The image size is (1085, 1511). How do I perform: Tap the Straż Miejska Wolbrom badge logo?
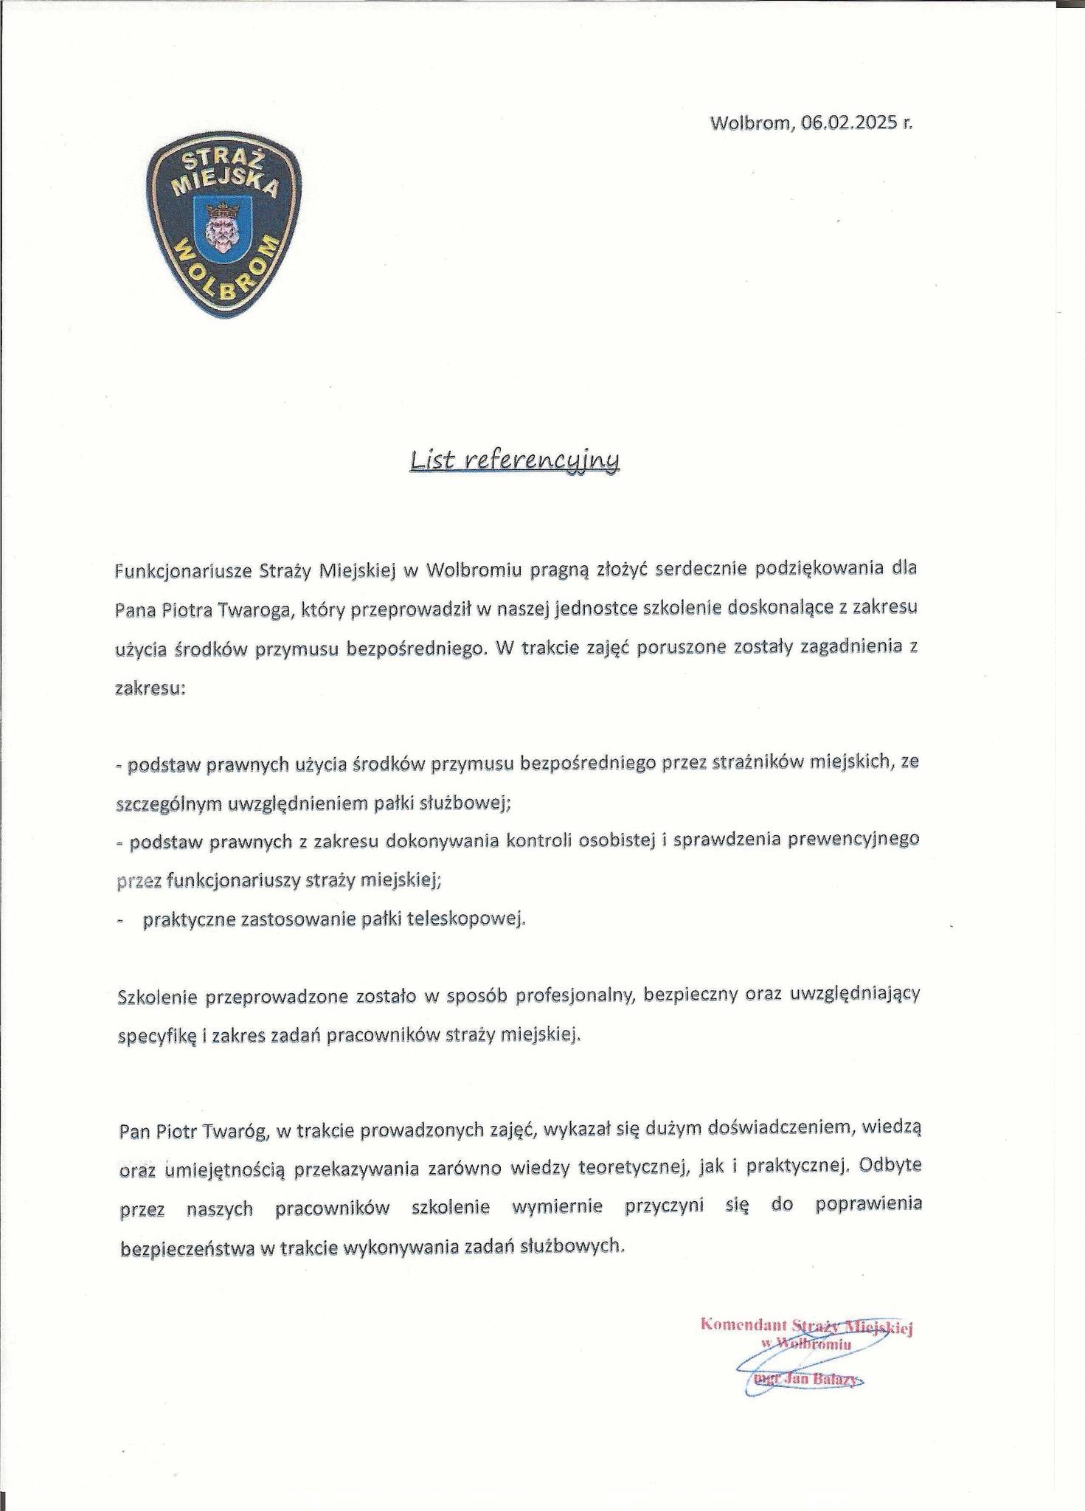(224, 229)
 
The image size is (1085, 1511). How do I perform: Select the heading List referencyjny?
(515, 461)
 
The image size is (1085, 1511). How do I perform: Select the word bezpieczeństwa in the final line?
(186, 1248)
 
